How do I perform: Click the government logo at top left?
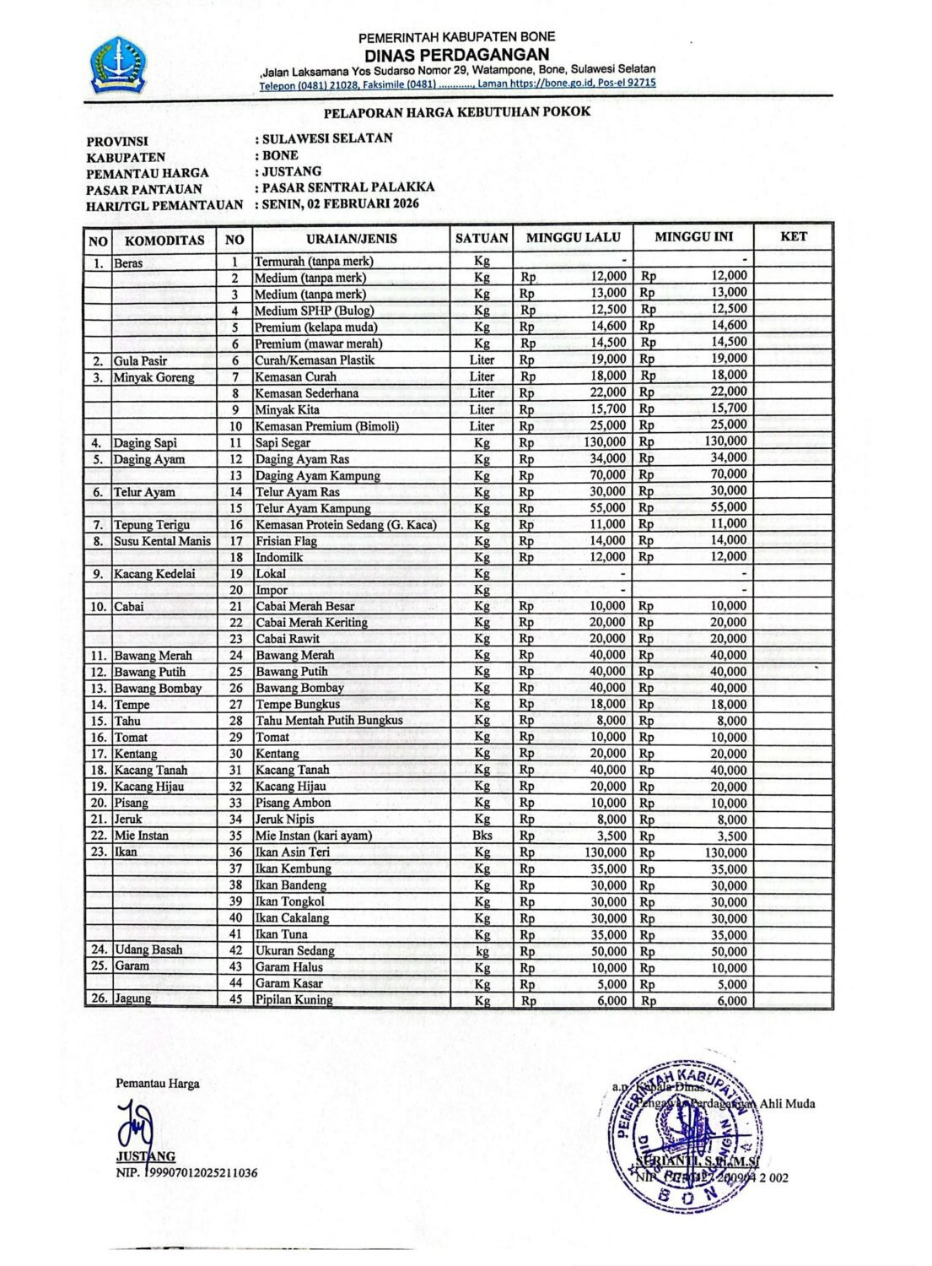tap(118, 65)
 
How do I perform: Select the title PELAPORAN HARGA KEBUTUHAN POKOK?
tap(456, 111)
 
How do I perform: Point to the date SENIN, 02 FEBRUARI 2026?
tap(340, 203)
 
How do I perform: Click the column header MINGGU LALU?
tap(573, 238)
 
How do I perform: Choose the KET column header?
tap(793, 237)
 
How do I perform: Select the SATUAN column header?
tap(481, 239)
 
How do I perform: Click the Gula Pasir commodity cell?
tap(141, 360)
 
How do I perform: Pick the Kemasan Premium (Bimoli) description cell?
tap(326, 426)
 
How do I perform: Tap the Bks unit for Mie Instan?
tap(482, 836)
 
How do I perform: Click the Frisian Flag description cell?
tap(286, 541)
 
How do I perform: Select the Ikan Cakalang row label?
tap(292, 917)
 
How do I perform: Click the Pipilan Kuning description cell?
tap(294, 999)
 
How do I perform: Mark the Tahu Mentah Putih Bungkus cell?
tap(329, 721)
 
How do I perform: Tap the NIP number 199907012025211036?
tap(202, 1173)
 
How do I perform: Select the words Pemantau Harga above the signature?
tap(158, 1084)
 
